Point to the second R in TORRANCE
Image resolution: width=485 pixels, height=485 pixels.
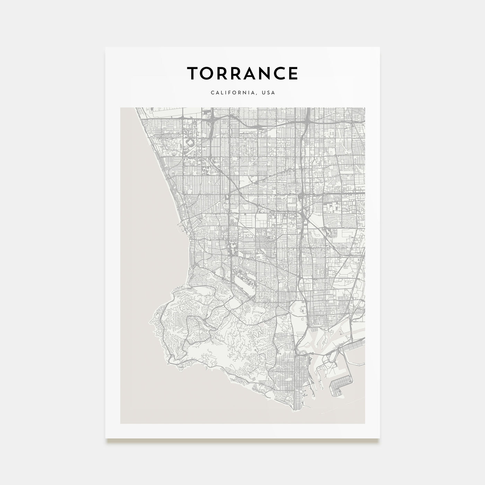(237, 73)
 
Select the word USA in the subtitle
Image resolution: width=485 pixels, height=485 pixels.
(268, 93)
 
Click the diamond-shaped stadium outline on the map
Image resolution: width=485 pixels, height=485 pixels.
(190, 142)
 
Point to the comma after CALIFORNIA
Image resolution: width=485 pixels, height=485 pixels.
(257, 95)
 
